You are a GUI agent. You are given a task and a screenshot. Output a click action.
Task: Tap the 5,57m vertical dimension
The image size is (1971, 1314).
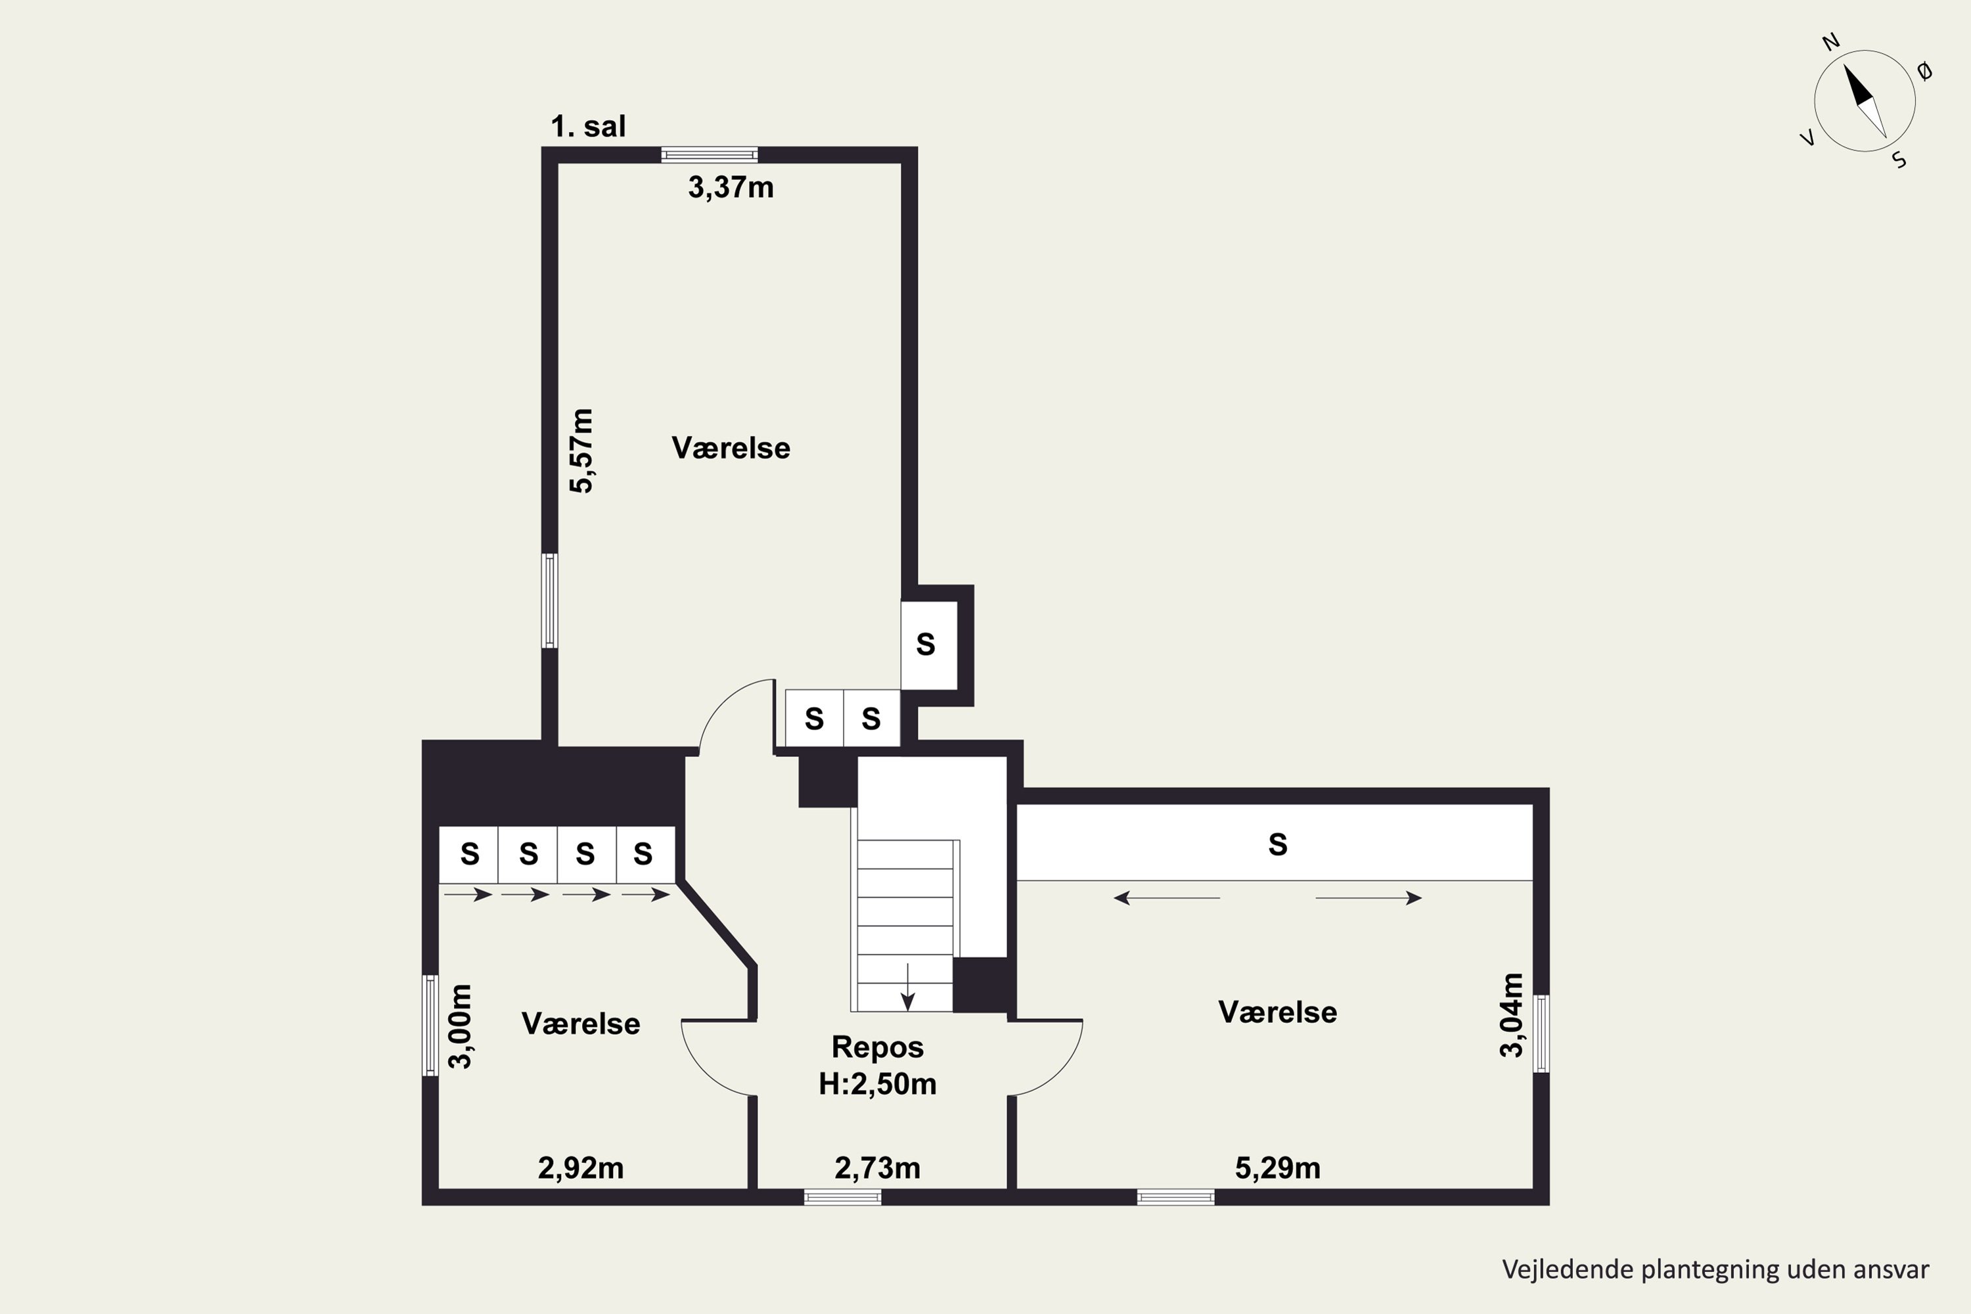point(581,451)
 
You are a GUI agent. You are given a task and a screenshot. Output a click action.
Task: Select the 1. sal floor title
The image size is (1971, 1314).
point(588,127)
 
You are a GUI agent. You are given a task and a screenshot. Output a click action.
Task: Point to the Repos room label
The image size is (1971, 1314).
point(877,1047)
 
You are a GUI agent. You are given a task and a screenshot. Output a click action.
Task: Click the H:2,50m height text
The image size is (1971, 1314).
point(877,1085)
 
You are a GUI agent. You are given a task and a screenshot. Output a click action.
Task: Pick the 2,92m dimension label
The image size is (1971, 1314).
point(581,1168)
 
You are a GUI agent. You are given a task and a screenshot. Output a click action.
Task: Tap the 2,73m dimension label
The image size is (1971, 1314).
point(877,1168)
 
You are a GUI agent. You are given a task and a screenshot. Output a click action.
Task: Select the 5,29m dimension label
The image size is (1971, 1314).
point(1278,1168)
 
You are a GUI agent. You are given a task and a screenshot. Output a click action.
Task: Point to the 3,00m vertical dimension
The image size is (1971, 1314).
point(461,1026)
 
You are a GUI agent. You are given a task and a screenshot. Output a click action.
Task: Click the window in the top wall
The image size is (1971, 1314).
point(709,155)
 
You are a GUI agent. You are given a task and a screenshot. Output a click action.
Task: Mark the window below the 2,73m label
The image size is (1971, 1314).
point(842,1198)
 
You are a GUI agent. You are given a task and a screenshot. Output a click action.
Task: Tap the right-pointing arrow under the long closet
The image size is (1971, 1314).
point(1369,898)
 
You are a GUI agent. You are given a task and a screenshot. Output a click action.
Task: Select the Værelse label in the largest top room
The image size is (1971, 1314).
point(731,448)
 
